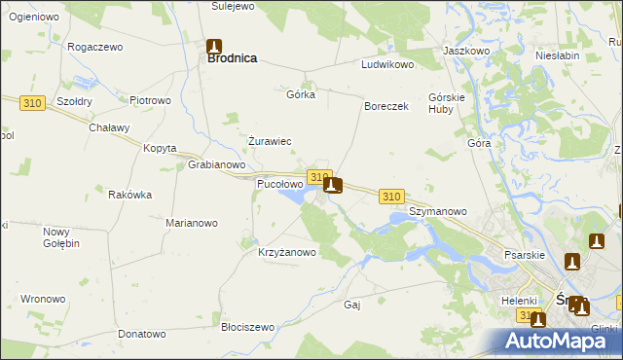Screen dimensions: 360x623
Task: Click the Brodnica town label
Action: pos(232,58)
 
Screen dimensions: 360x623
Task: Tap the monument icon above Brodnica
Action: pos(214,45)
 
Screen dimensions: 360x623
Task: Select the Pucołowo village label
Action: pos(278,183)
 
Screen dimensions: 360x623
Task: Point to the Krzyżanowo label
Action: pos(287,252)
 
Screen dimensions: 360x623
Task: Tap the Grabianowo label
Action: pos(216,164)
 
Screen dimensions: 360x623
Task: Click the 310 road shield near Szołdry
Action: pos(32,101)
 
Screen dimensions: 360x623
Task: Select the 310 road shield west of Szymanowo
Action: pos(391,197)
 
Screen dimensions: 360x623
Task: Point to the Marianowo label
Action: pos(191,223)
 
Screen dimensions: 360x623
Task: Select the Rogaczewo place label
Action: pos(94,46)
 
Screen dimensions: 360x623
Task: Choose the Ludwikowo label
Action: pos(388,64)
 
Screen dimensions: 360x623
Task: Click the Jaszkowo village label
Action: pos(465,50)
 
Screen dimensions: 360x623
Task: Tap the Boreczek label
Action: pos(385,106)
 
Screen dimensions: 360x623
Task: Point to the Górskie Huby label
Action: pos(449,103)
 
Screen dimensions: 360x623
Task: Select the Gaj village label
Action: pos(352,305)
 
